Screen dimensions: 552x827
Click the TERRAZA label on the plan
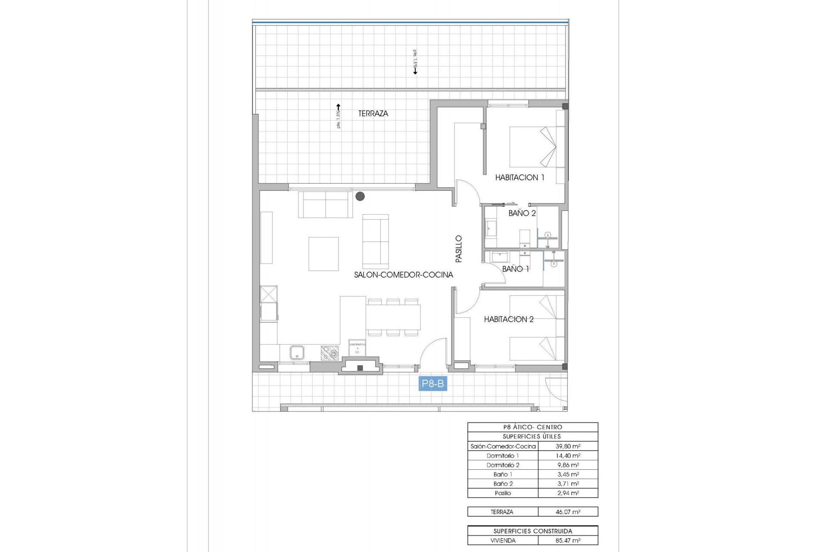tap(373, 113)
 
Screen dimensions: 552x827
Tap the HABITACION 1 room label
tap(519, 177)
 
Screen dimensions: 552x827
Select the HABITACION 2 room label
tap(509, 319)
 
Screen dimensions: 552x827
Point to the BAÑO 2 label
tap(522, 213)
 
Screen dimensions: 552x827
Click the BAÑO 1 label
tap(516, 269)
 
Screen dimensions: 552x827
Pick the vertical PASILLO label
tap(459, 249)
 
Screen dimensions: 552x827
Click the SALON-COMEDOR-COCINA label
tap(404, 275)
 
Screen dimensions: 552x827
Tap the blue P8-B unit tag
tap(433, 383)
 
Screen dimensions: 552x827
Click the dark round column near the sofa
tap(360, 196)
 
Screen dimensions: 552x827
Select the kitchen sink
tap(297, 353)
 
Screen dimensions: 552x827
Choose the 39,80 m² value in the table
tap(568, 446)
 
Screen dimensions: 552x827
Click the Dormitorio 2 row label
tap(503, 465)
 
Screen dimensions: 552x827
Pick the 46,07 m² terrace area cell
tap(568, 512)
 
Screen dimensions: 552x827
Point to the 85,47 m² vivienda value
tap(568, 540)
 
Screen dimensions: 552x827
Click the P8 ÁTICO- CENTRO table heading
tap(532, 427)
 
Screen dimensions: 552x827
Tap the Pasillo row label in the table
tap(503, 493)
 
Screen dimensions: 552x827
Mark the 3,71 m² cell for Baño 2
tap(568, 484)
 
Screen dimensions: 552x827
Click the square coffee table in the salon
tap(323, 254)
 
